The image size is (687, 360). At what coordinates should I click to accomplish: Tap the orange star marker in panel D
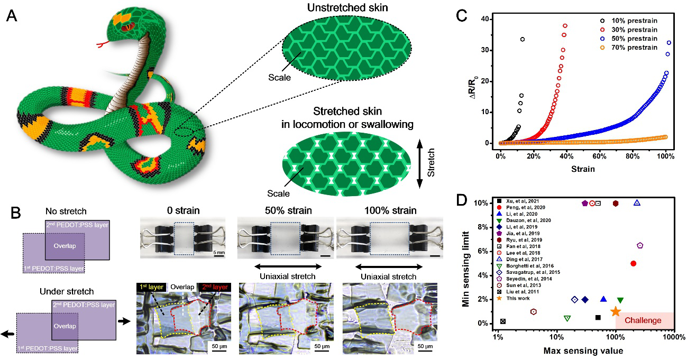point(615,312)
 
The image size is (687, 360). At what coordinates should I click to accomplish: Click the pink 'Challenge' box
point(643,320)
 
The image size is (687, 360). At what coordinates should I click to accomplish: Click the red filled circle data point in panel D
point(634,263)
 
